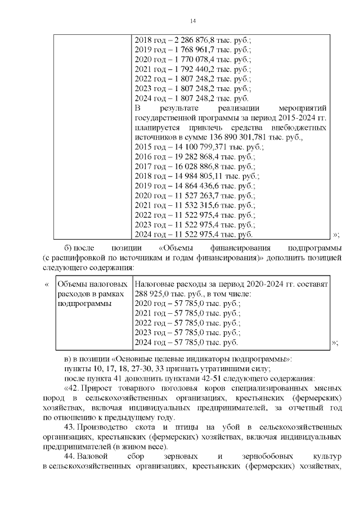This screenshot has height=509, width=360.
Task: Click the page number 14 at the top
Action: tap(192, 21)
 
